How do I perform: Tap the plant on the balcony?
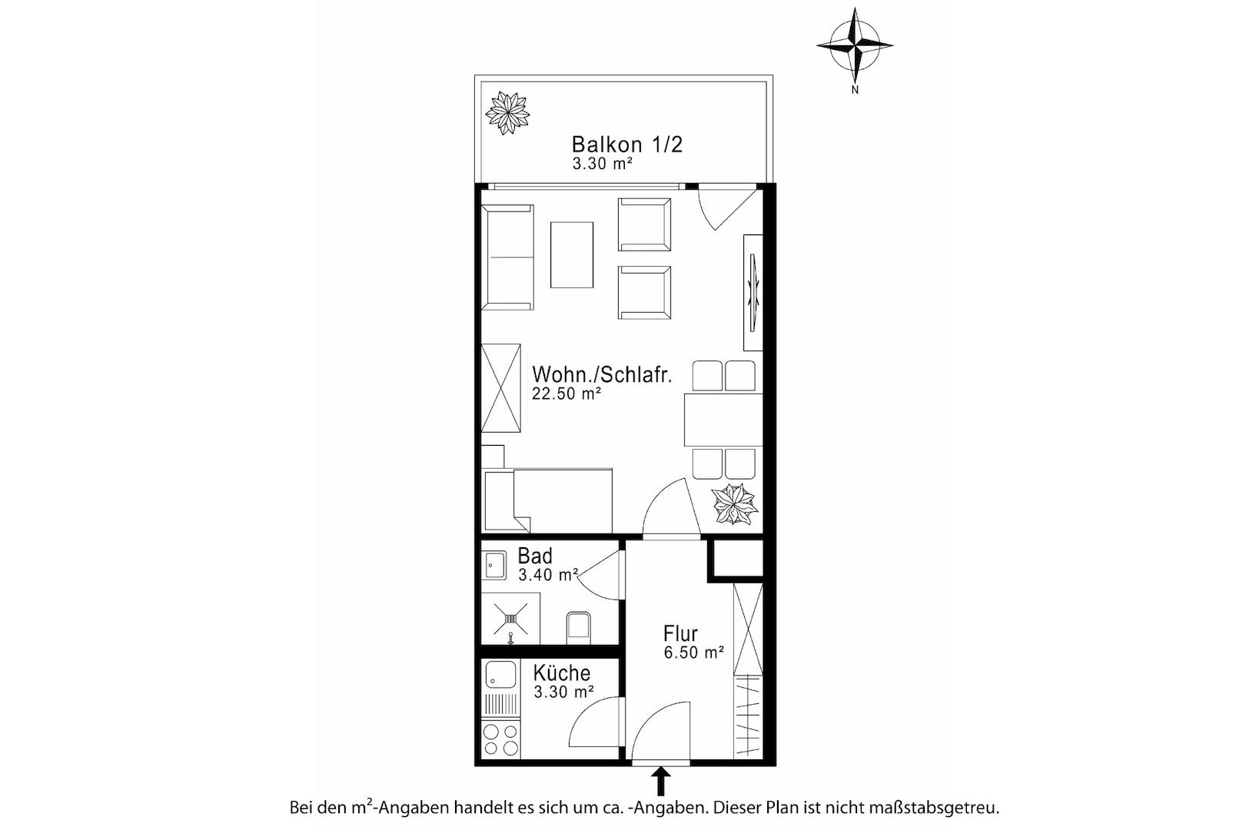(x=507, y=113)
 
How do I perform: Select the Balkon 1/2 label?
(x=627, y=144)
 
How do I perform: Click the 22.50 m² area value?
(x=567, y=393)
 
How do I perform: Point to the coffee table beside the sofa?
(x=572, y=255)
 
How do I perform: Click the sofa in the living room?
(x=507, y=257)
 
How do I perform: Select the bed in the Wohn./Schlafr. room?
(x=548, y=500)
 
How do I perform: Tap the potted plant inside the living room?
(x=734, y=504)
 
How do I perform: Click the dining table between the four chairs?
(x=723, y=420)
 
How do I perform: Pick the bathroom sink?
(x=494, y=566)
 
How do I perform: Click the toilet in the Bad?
(x=578, y=628)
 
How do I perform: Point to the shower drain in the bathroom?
(x=510, y=619)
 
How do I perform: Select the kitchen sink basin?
(x=500, y=674)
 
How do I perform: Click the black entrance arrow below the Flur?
(x=661, y=782)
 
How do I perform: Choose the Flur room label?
(x=680, y=633)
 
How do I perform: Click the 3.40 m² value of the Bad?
(x=549, y=575)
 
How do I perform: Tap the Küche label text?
(x=562, y=672)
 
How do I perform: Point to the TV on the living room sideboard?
(x=753, y=293)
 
